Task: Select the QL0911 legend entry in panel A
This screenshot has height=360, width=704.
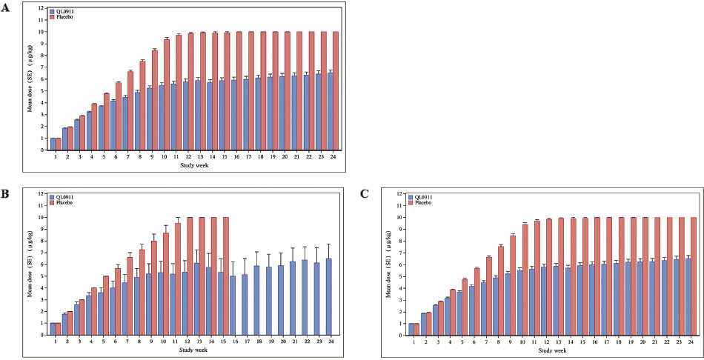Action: [64, 12]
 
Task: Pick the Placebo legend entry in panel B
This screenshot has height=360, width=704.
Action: [64, 201]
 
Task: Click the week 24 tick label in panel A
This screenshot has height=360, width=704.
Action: [333, 156]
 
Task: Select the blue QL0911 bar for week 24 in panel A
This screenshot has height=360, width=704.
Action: [330, 111]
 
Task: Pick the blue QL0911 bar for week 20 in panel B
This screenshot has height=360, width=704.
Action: [281, 300]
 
